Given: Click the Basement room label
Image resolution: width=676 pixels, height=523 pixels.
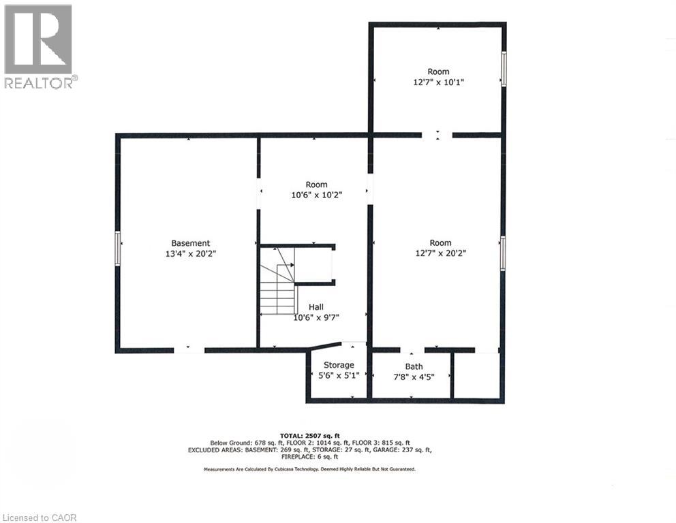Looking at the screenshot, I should tap(190, 243).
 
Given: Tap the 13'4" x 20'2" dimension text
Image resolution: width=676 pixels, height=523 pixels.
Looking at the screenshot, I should tap(190, 253).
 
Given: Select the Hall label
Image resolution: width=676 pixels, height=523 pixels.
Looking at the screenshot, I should tap(316, 307).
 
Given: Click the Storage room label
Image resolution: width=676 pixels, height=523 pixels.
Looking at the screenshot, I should tap(339, 366).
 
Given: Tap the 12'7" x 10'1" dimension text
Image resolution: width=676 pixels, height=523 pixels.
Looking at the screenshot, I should tap(438, 82).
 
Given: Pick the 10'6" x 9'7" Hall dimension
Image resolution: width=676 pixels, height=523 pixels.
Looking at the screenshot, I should tap(316, 317).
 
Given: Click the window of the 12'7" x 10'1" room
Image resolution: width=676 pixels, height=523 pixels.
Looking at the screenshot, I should tap(504, 69).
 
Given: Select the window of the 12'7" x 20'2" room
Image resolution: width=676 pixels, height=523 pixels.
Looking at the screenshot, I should tap(503, 253).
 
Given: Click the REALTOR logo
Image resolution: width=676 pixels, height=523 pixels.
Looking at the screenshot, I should tap(39, 46).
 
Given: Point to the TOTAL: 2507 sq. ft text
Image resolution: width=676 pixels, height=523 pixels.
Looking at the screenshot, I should tap(310, 434).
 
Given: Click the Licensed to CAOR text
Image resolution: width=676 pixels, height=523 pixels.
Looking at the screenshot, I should tap(40, 518).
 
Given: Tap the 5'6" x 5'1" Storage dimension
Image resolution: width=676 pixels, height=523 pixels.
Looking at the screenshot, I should tap(339, 376).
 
